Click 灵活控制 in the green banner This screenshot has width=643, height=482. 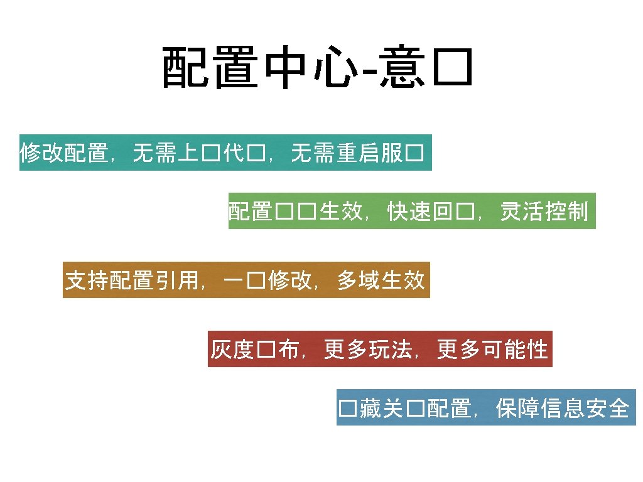point(544,212)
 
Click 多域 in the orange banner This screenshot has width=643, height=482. point(359,281)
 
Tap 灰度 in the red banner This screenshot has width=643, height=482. point(232,350)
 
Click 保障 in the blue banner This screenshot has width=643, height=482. point(517,409)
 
